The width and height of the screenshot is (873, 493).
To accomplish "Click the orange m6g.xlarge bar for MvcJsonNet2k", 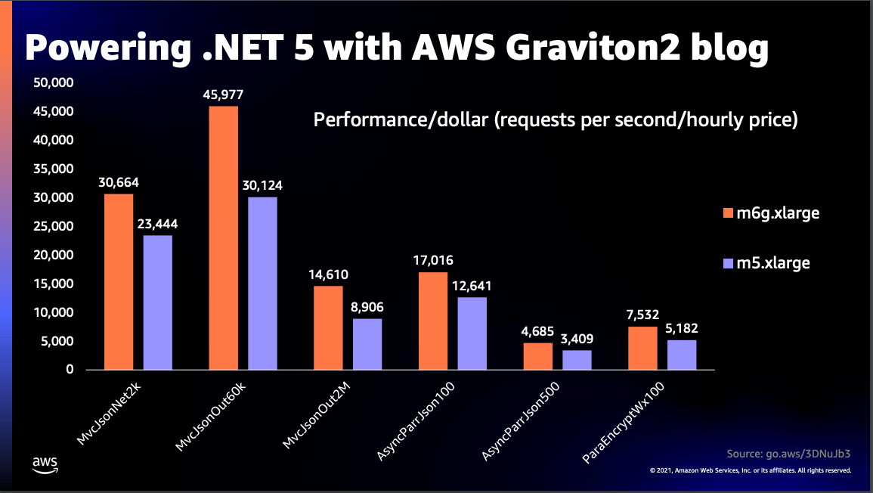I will (119, 282).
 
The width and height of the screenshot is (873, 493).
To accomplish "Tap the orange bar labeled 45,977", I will (223, 238).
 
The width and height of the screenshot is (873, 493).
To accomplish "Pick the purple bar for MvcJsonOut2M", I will (367, 344).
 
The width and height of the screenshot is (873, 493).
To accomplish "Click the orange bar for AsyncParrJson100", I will (433, 321).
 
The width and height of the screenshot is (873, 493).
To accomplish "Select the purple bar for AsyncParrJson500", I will (577, 360).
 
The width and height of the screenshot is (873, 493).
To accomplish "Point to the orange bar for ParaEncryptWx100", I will (642, 348).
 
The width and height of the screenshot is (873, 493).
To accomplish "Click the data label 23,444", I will (157, 225).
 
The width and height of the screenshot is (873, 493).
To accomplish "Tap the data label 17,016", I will (433, 261).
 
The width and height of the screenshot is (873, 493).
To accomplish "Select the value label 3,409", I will (577, 340).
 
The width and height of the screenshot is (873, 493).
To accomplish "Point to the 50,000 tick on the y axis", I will (53, 82).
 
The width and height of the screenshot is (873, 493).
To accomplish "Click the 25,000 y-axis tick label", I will (53, 226).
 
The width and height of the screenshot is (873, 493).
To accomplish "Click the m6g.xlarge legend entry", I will (771, 213).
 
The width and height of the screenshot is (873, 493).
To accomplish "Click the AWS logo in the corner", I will (45, 464).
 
